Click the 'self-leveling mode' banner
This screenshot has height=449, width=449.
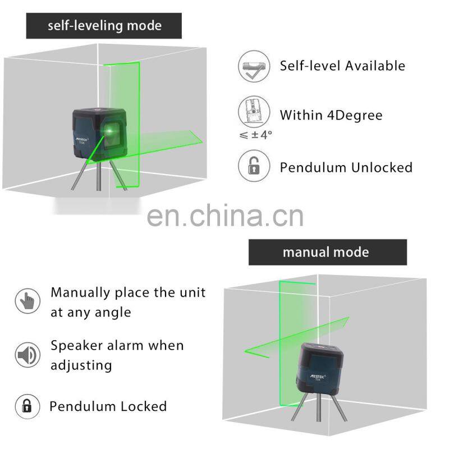104,26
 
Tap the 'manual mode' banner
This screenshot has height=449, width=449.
326,251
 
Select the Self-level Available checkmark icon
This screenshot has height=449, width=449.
251,66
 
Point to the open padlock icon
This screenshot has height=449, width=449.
251,167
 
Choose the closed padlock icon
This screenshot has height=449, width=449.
28,406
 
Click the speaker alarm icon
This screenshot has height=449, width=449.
28,355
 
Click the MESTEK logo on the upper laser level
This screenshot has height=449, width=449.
84,137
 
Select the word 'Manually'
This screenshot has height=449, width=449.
80,292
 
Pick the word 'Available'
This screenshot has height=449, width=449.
375,66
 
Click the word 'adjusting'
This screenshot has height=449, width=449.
81,365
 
